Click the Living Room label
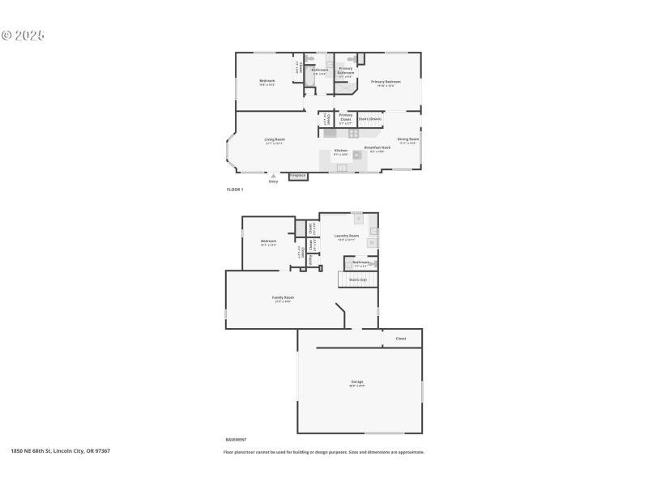point(275,139)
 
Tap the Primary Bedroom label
point(386,82)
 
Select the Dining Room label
point(408,139)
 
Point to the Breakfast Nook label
point(377,147)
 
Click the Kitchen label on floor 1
point(341,151)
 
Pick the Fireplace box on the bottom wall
point(297,175)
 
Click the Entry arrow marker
point(273,176)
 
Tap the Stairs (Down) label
point(369,119)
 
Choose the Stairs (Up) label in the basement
point(357,279)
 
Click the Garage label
point(357,382)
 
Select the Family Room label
point(283,297)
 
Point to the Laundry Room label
point(347,236)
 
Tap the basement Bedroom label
point(269,241)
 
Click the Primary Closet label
point(346,117)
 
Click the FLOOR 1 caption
point(234,189)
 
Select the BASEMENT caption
point(236,439)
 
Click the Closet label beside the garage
point(400,339)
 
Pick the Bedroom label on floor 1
point(267,81)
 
